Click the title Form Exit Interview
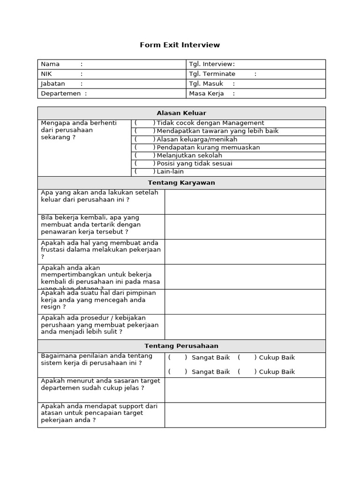[x=180, y=45]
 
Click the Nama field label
[x=51, y=64]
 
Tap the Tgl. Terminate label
[x=212, y=74]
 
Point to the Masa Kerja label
[x=206, y=94]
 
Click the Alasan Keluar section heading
[x=181, y=113]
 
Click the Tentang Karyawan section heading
[x=181, y=183]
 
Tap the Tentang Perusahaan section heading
[x=181, y=346]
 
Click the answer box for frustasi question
[x=245, y=252]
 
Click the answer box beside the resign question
[x=245, y=302]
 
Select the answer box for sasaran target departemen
[x=245, y=390]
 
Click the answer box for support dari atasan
[x=245, y=415]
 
